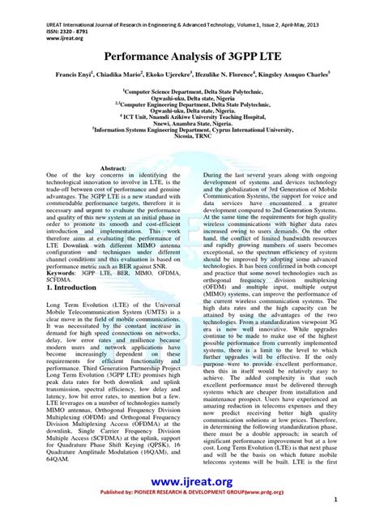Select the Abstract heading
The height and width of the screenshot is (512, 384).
pyautogui.click(x=113, y=167)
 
